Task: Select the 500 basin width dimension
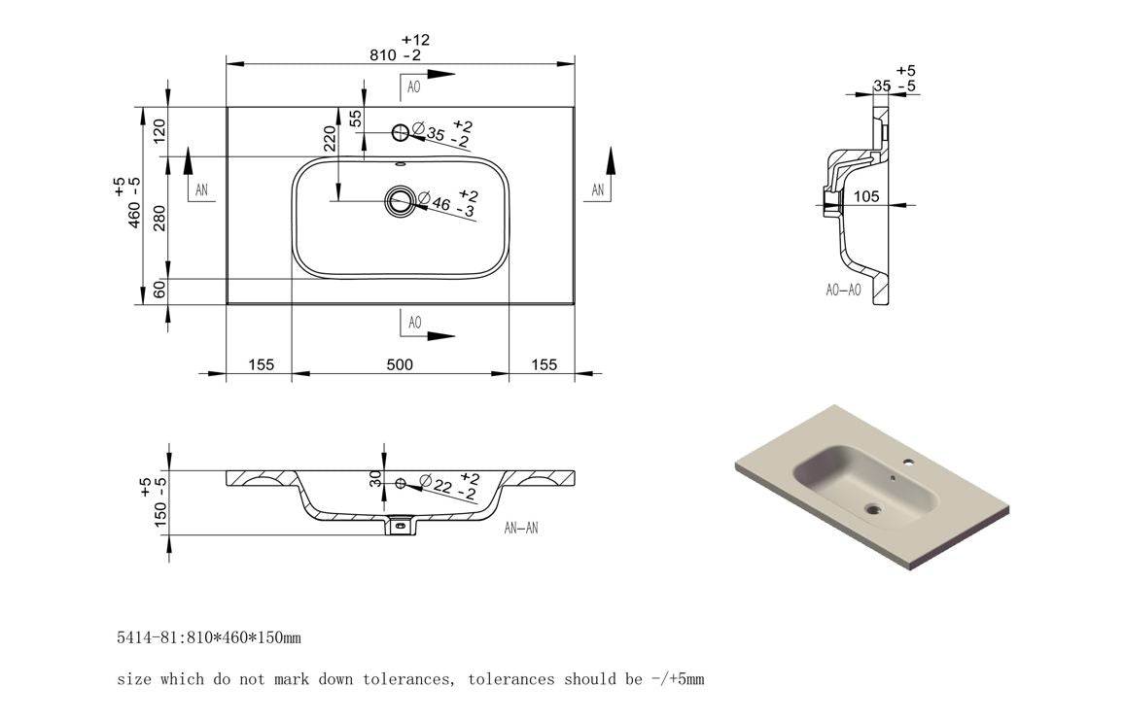[400, 364]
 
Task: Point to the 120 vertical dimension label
[160, 130]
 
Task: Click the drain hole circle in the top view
[400, 201]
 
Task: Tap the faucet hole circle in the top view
[400, 131]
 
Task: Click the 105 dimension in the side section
[866, 196]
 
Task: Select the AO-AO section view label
[842, 290]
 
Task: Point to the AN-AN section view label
[521, 529]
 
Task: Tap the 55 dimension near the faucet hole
[356, 118]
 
